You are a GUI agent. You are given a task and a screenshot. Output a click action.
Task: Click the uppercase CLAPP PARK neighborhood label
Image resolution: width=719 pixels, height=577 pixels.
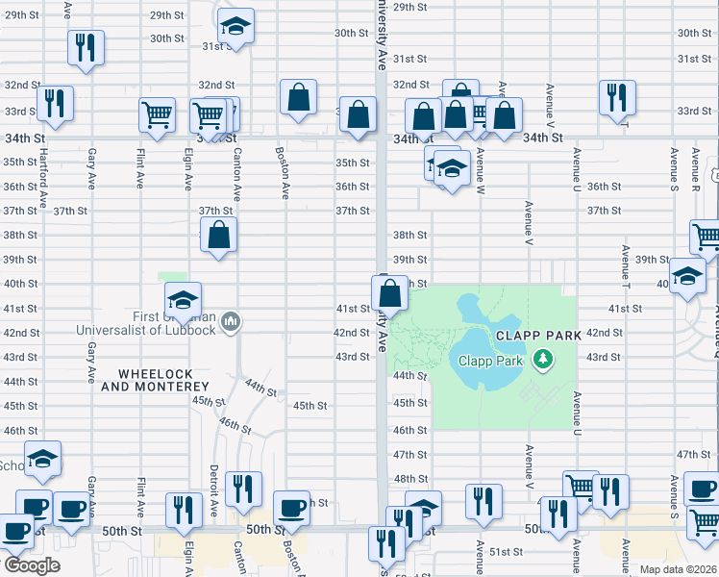[x=539, y=336]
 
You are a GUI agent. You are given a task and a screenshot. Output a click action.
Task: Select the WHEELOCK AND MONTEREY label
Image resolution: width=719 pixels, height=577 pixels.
[x=156, y=380]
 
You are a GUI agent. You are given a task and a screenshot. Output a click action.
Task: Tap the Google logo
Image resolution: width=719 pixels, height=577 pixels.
[x=31, y=565]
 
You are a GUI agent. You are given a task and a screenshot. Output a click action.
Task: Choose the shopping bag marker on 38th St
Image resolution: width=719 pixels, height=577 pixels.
[x=220, y=236]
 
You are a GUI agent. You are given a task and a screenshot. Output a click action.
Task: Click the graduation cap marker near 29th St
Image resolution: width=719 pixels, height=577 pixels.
[x=235, y=27]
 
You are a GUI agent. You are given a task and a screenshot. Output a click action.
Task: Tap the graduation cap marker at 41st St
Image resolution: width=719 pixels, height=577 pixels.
[x=183, y=300]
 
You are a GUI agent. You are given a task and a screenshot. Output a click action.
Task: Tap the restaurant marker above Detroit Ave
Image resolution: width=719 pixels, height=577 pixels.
[x=243, y=489]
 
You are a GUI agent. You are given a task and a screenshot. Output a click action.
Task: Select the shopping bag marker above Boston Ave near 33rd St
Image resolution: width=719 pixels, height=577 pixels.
[x=299, y=97]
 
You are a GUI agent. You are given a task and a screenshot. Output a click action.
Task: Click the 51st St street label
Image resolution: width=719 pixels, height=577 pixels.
[x=506, y=552]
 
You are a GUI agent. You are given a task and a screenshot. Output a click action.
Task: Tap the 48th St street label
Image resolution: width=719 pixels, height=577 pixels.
[x=409, y=478]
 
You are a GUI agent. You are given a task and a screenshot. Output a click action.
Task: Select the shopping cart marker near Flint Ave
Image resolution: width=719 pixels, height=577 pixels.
[x=157, y=115]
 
